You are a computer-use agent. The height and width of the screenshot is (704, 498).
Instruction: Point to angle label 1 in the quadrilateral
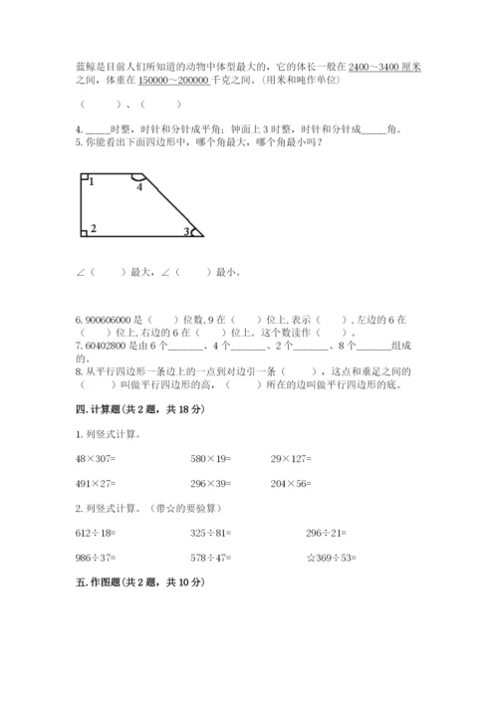click(91, 182)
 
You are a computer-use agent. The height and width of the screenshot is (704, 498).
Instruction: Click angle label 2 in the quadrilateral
click(93, 229)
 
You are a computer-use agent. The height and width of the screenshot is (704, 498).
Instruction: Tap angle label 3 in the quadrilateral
click(185, 232)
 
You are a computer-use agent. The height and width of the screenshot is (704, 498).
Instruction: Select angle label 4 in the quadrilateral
click(139, 186)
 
